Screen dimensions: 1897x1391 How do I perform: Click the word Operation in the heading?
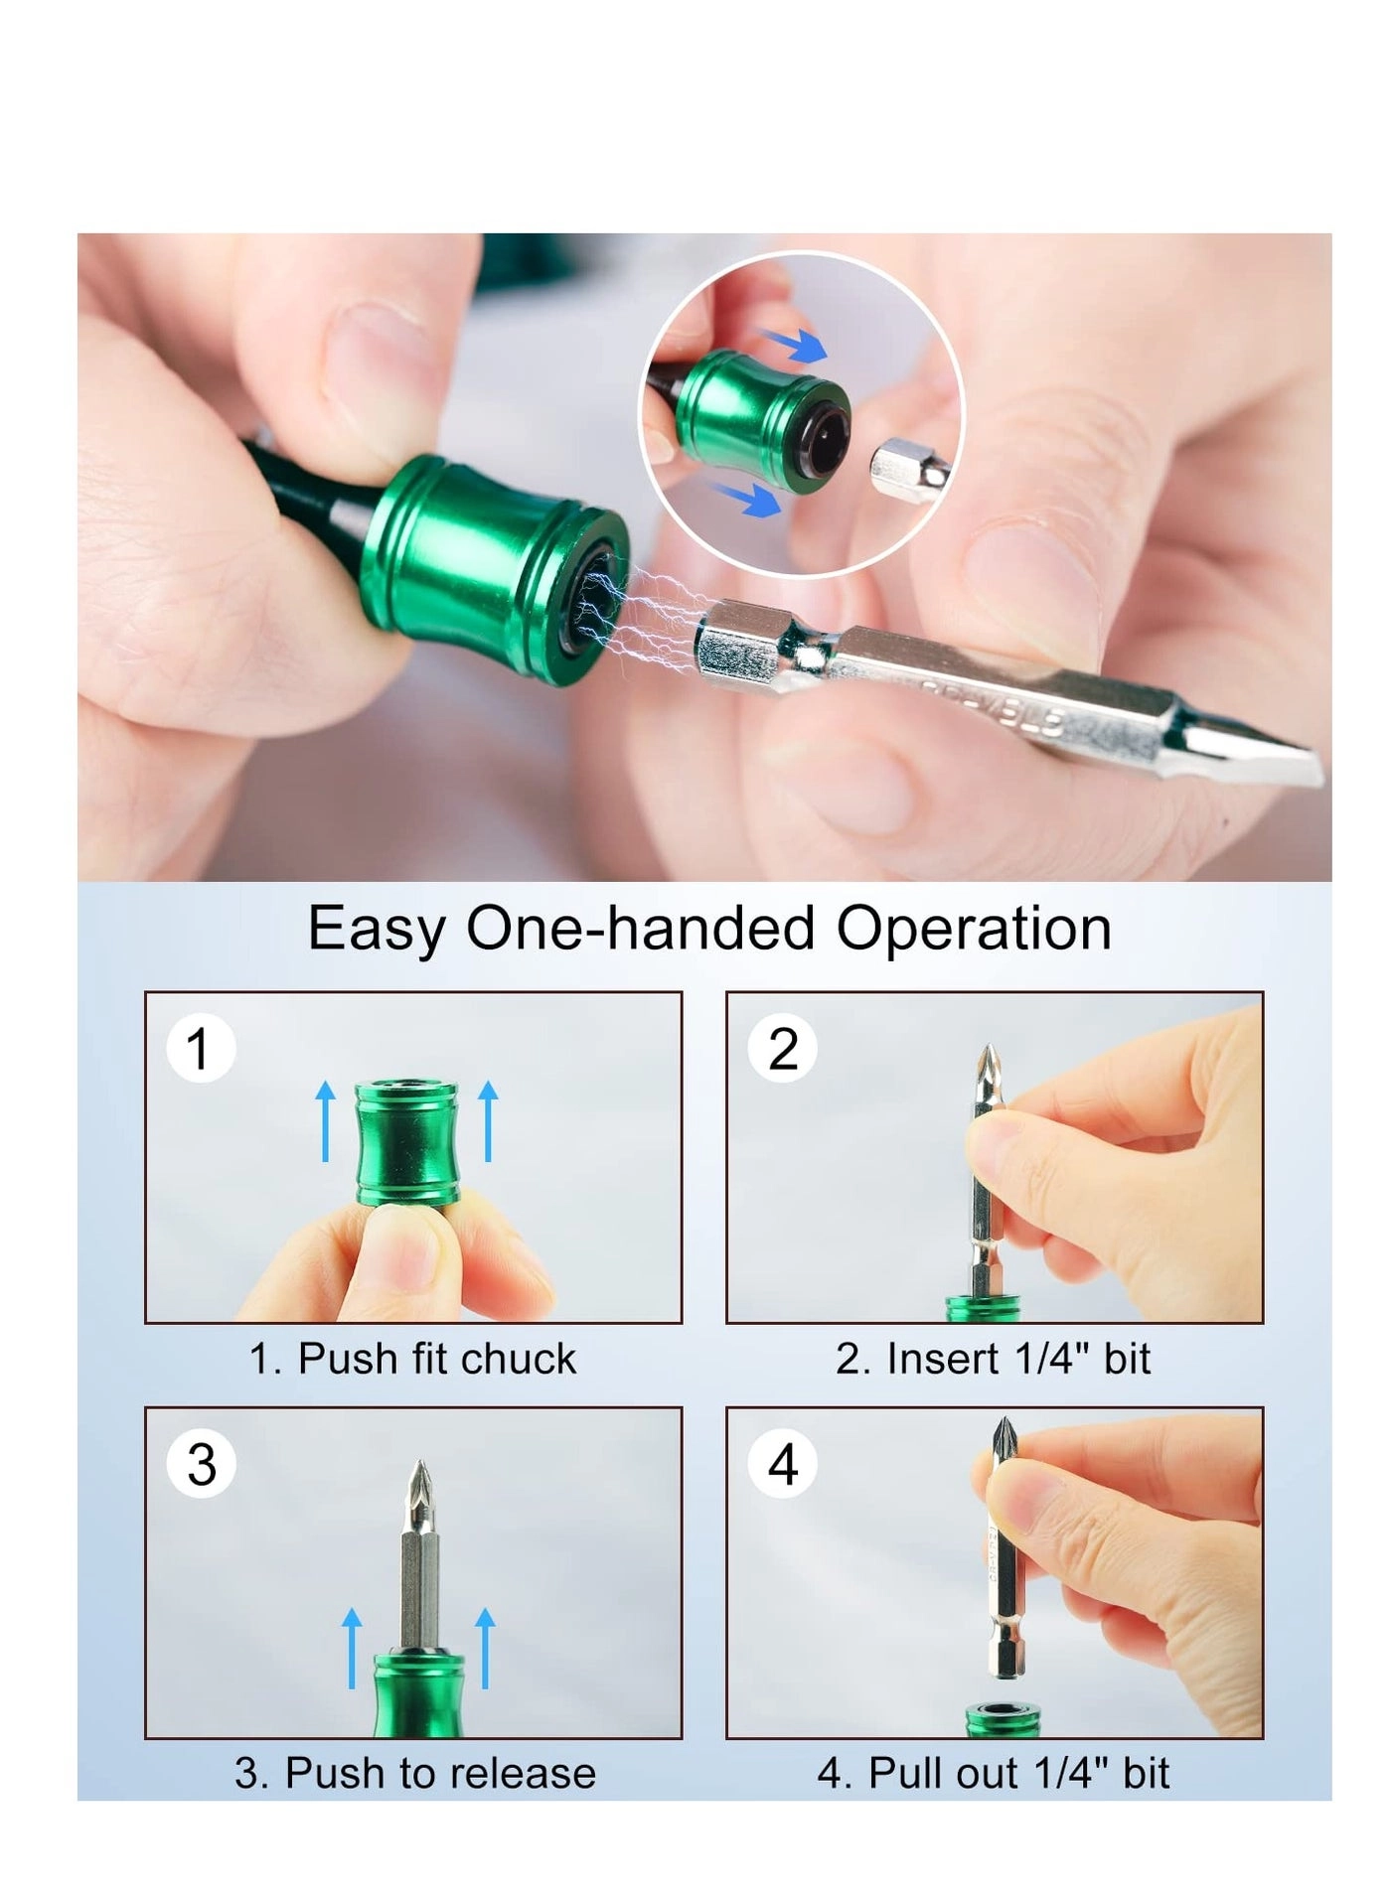pyautogui.click(x=973, y=929)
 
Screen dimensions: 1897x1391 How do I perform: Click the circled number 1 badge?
pyautogui.click(x=200, y=1049)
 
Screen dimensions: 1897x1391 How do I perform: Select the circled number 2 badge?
pyautogui.click(x=783, y=1049)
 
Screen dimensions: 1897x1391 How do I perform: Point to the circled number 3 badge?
pyautogui.click(x=202, y=1464)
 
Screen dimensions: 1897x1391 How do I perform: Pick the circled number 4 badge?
pyautogui.click(x=783, y=1464)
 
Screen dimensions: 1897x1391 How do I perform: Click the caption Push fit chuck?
pyautogui.click(x=412, y=1359)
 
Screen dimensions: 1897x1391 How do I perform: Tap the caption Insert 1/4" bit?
pyautogui.click(x=993, y=1359)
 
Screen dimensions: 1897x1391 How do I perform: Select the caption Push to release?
pyautogui.click(x=415, y=1773)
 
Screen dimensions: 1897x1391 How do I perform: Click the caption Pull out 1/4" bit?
pyautogui.click(x=993, y=1773)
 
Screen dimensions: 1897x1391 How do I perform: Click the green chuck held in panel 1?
pyautogui.click(x=407, y=1142)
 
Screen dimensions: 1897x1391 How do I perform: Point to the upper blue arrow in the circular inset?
pyautogui.click(x=795, y=345)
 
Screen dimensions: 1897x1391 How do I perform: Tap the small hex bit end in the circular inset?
pyautogui.click(x=899, y=465)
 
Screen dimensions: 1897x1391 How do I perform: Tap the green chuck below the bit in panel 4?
pyautogui.click(x=1004, y=1719)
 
